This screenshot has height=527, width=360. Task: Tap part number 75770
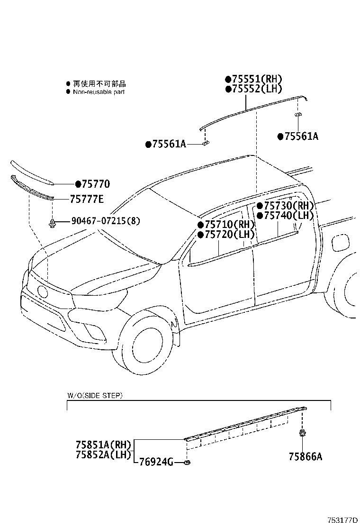coord(96,184)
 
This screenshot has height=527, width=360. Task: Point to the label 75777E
coord(86,199)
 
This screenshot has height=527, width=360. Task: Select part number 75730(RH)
coord(288,206)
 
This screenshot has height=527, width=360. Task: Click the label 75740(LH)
coord(288,216)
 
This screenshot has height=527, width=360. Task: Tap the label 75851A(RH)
coord(103,445)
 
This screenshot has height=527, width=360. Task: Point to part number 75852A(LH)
coord(103,455)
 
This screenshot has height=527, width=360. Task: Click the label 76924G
coord(156,463)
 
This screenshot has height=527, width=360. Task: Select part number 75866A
coord(305,456)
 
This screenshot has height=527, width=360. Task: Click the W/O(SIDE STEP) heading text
coord(94,395)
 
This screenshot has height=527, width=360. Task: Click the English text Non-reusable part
coord(99,92)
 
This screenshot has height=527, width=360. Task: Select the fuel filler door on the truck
coord(340,242)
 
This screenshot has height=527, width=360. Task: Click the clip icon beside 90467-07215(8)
coord(53,222)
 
